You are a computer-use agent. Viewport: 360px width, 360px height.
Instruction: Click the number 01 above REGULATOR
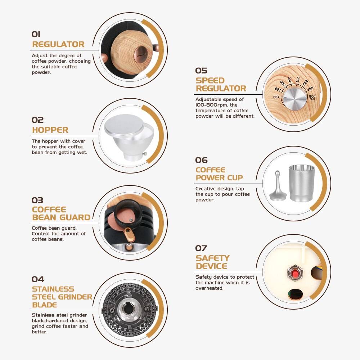[x=36, y=34]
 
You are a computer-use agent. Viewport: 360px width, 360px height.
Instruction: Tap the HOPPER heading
[x=50, y=130]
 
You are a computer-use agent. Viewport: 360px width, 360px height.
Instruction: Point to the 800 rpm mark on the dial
[x=312, y=97]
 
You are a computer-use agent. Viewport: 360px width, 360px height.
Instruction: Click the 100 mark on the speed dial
[x=276, y=97]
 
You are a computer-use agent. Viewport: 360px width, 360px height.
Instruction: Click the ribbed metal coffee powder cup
[x=301, y=183]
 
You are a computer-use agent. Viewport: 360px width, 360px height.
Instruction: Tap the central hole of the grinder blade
[x=128, y=309]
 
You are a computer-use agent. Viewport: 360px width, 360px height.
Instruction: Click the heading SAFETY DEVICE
[x=212, y=262]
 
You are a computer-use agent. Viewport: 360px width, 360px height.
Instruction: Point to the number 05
[x=201, y=70]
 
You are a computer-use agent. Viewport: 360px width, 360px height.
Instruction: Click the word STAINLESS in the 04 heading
[x=53, y=289]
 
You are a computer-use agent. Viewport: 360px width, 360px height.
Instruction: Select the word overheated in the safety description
[x=210, y=288]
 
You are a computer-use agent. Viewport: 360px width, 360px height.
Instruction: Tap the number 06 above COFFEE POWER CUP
[x=201, y=160]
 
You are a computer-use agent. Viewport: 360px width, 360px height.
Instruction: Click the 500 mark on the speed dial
[x=298, y=79]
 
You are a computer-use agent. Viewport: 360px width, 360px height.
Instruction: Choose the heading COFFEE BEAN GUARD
[x=61, y=213]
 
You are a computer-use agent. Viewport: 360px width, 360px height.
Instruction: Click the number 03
[x=37, y=200]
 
